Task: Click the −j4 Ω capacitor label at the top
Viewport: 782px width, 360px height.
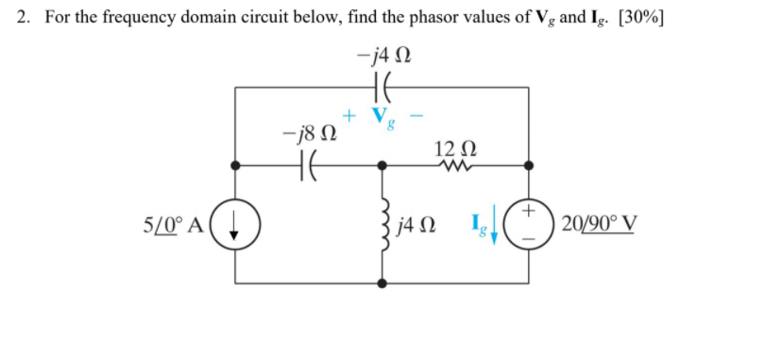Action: point(382,57)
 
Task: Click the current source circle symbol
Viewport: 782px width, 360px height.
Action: point(236,228)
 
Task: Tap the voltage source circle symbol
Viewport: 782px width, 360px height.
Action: point(528,227)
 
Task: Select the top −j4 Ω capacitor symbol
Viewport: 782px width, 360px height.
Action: point(382,87)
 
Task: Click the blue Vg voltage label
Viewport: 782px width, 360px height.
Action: point(382,117)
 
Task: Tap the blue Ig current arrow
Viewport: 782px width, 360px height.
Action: point(493,232)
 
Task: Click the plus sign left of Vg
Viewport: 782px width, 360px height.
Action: point(348,115)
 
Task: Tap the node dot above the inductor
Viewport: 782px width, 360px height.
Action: point(382,164)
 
